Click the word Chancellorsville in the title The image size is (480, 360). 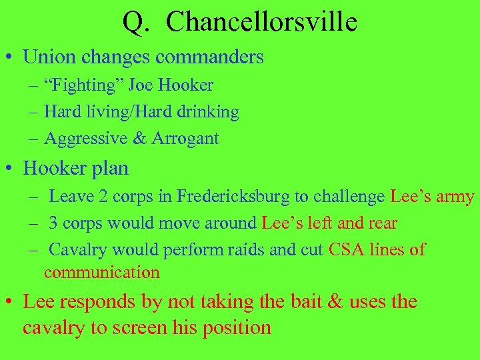(261, 22)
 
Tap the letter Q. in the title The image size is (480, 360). (135, 22)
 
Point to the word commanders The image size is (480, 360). (209, 57)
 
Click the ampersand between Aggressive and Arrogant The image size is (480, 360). (139, 139)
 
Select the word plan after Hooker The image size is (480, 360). (110, 168)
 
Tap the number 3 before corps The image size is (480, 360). (54, 223)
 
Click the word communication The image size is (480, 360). (102, 272)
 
